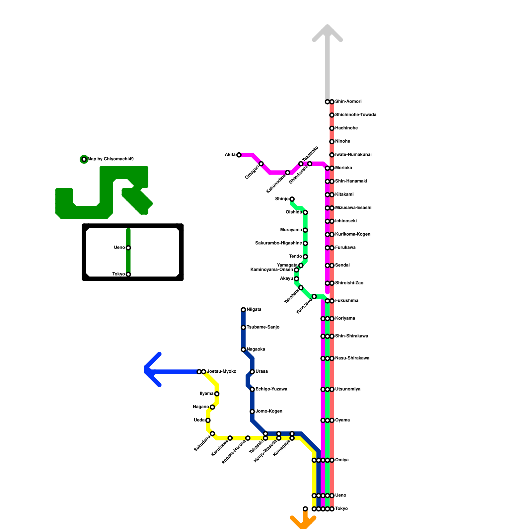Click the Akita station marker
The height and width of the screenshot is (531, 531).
pos(239,155)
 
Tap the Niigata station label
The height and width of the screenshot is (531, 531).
pos(254,310)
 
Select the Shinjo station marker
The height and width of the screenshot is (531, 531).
pos(292,199)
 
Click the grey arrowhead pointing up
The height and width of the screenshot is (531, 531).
pos(327,32)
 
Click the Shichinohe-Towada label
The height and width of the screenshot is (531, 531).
pos(355,115)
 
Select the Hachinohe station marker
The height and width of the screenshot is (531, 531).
pos(332,128)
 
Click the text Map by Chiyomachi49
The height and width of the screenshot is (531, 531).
pos(111,159)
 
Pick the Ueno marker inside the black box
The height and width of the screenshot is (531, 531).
pos(128,248)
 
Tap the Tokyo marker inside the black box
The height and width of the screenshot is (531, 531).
pos(128,274)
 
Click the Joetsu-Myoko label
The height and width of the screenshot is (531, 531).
pos(221,371)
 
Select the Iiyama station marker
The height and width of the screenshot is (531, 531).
pos(217,394)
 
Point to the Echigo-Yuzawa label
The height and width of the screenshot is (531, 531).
pos(271,389)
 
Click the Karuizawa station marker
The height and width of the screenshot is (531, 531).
pos(230,438)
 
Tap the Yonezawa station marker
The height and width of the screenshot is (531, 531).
pos(314,296)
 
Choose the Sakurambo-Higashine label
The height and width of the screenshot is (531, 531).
pos(278,243)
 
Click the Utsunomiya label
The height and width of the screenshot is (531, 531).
pos(347,389)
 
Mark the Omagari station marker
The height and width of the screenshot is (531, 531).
pos(261,164)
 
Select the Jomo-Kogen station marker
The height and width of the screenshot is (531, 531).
pos(252,412)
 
